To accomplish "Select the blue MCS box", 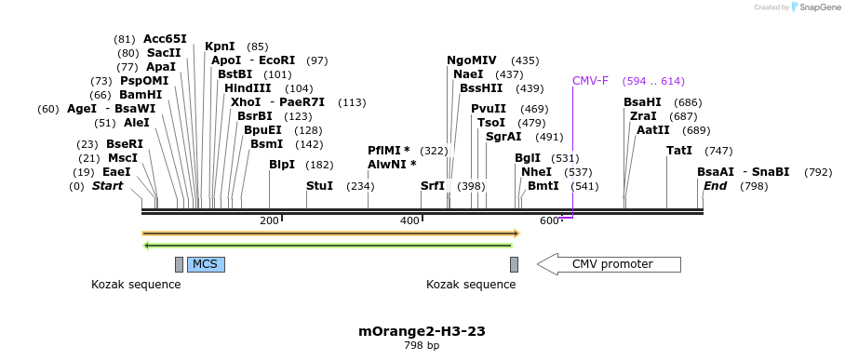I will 205,264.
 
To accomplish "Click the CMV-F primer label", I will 590,81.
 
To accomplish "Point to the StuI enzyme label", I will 319,186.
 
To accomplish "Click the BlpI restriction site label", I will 281,165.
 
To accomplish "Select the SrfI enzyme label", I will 433,186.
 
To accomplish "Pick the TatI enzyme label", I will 679,151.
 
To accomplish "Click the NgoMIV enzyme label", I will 472,60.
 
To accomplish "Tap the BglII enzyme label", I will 528,158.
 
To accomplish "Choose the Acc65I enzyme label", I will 165,39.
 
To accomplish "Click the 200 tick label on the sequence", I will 269,220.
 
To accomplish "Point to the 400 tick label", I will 409,220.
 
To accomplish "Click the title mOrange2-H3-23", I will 422,331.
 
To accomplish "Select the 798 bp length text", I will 422,346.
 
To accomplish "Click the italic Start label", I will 107,186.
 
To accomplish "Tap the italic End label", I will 715,186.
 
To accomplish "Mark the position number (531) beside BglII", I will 565,158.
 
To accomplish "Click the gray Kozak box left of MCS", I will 179,264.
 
